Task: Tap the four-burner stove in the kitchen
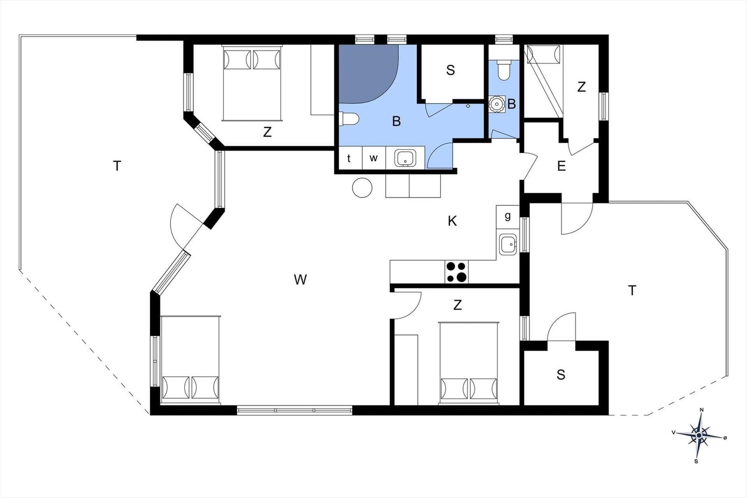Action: click(x=457, y=272)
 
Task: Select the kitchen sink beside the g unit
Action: click(x=508, y=245)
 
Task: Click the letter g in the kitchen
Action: click(x=507, y=217)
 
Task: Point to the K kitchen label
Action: click(x=452, y=221)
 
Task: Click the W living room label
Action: click(x=300, y=280)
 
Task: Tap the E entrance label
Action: click(x=562, y=166)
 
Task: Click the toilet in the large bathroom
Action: click(x=349, y=119)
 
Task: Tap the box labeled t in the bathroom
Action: click(x=349, y=158)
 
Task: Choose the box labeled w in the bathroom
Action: click(x=373, y=158)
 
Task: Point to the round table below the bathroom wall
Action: click(x=362, y=188)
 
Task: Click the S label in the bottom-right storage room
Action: click(x=561, y=375)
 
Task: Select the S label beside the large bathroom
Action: click(x=451, y=70)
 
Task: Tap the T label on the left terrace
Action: click(x=117, y=166)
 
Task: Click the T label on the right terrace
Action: click(x=632, y=291)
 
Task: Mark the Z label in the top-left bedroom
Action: click(x=267, y=132)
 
